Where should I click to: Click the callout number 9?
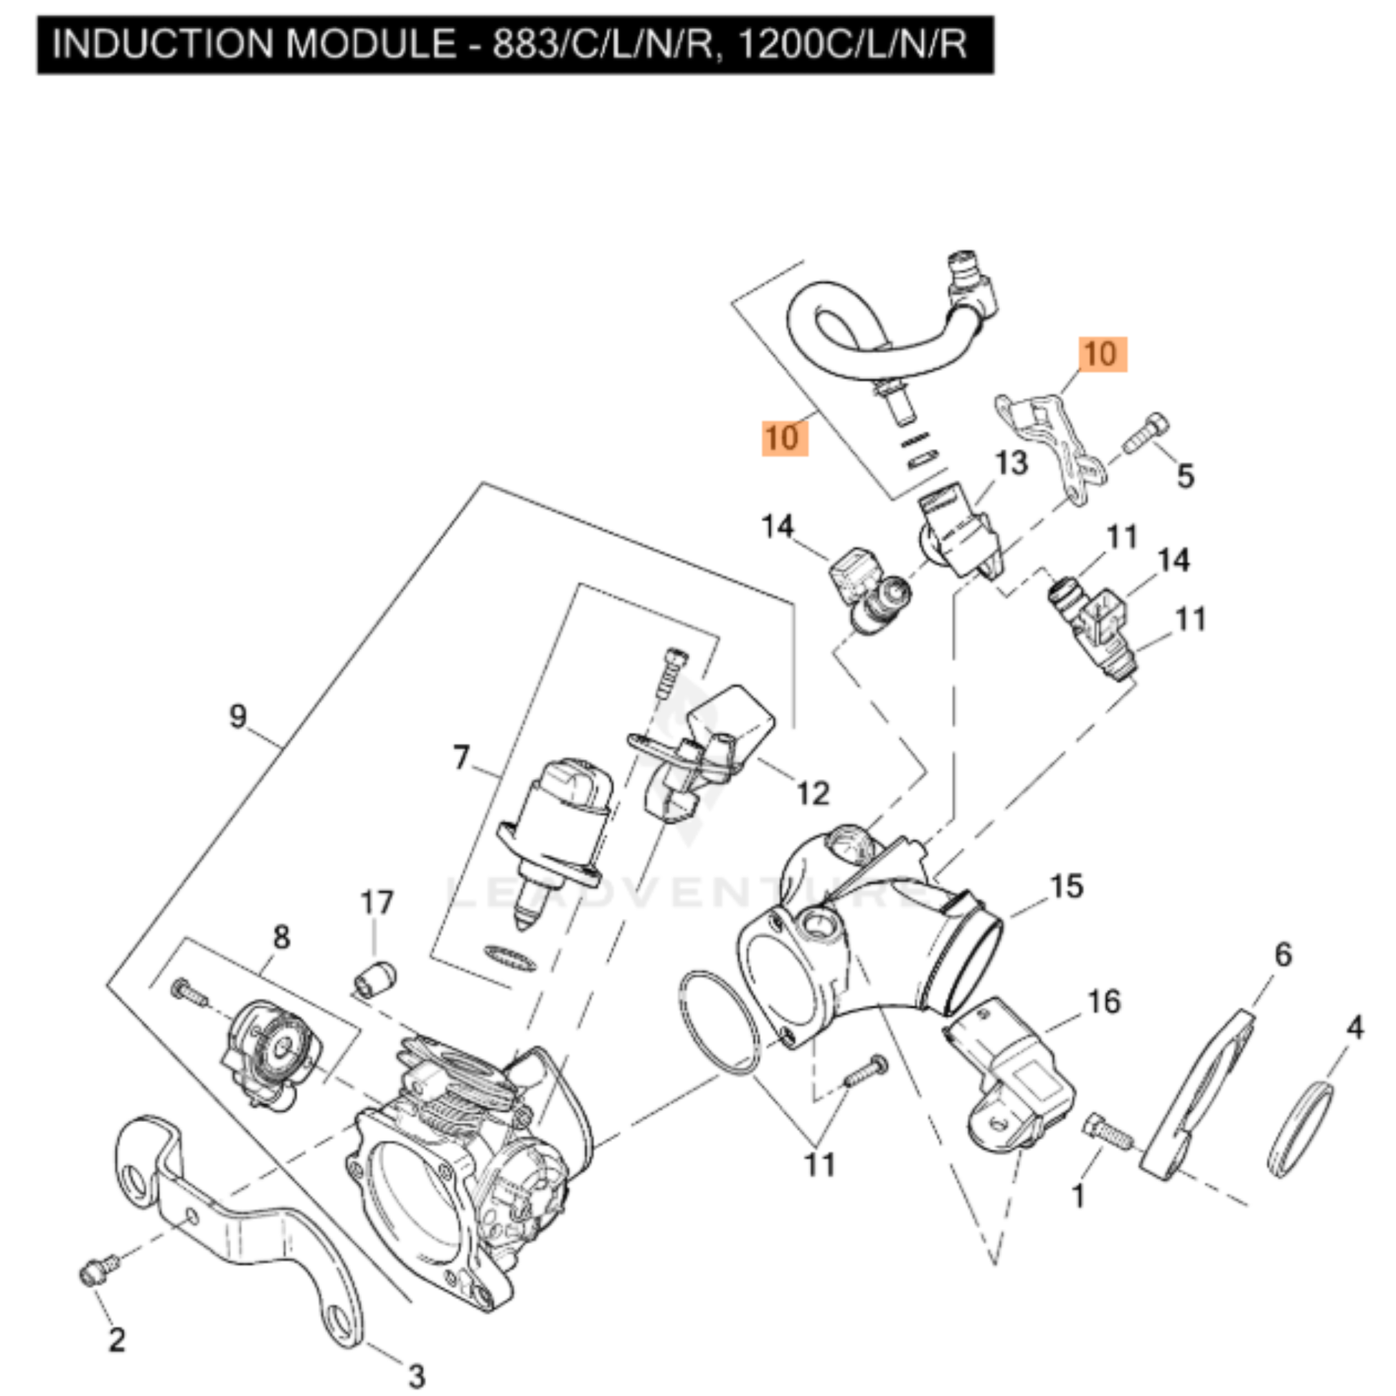[238, 716]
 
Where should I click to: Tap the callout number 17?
[377, 902]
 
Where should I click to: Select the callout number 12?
[813, 793]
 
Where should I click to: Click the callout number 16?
[1104, 1001]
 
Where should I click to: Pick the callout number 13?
[1011, 463]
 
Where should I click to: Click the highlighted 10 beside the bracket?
[1103, 354]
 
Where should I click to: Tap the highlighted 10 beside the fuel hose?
[785, 438]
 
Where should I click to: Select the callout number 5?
[1186, 476]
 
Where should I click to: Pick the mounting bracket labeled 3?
[238, 1228]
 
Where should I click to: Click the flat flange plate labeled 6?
[1199, 1098]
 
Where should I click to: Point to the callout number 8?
[282, 937]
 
